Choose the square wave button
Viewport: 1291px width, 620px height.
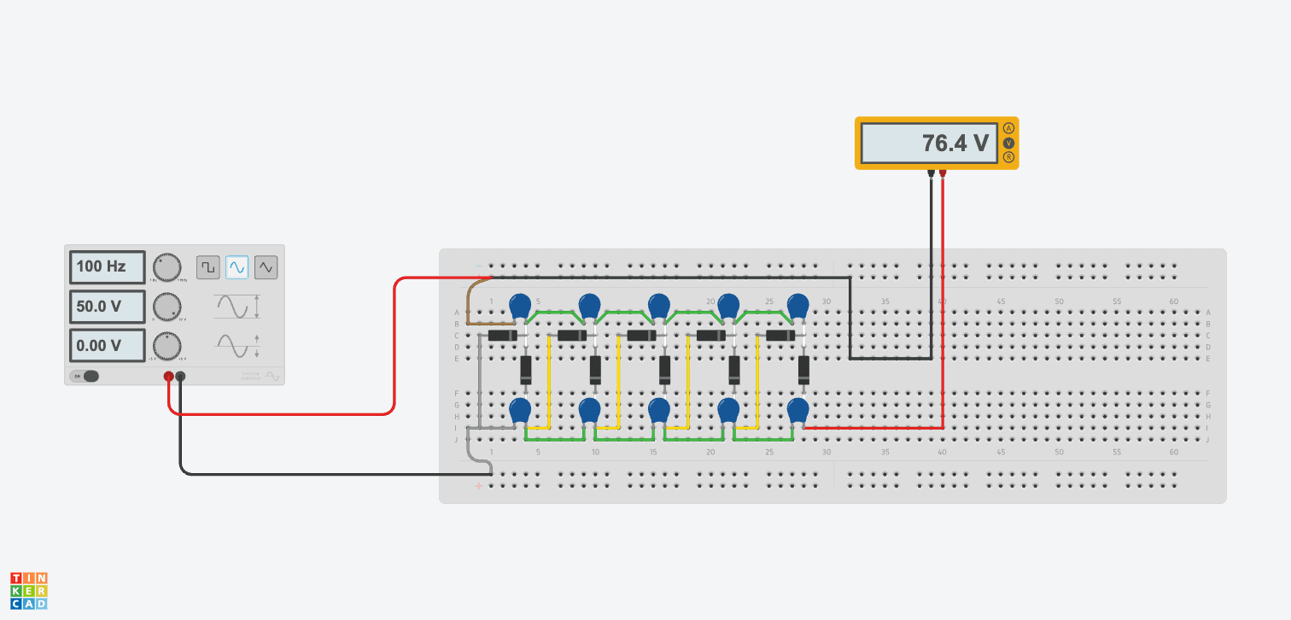pyautogui.click(x=208, y=267)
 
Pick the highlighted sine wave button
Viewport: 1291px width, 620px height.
pyautogui.click(x=237, y=267)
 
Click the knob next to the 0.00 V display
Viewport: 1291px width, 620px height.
pyautogui.click(x=167, y=346)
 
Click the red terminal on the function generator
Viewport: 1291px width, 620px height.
pyautogui.click(x=169, y=376)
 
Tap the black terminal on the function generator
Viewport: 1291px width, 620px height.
pyautogui.click(x=180, y=376)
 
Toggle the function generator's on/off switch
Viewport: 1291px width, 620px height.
pyautogui.click(x=85, y=376)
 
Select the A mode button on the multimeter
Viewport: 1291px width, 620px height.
pyautogui.click(x=1008, y=128)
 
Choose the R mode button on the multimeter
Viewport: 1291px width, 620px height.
pyautogui.click(x=1008, y=158)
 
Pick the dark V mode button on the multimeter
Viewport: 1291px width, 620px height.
pyautogui.click(x=1008, y=143)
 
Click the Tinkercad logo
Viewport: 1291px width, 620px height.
pyautogui.click(x=29, y=591)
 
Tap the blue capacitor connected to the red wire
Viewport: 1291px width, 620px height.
pyautogui.click(x=797, y=411)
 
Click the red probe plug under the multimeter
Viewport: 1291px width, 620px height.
pyautogui.click(x=943, y=175)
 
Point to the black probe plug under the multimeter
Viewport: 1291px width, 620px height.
pyautogui.click(x=931, y=175)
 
